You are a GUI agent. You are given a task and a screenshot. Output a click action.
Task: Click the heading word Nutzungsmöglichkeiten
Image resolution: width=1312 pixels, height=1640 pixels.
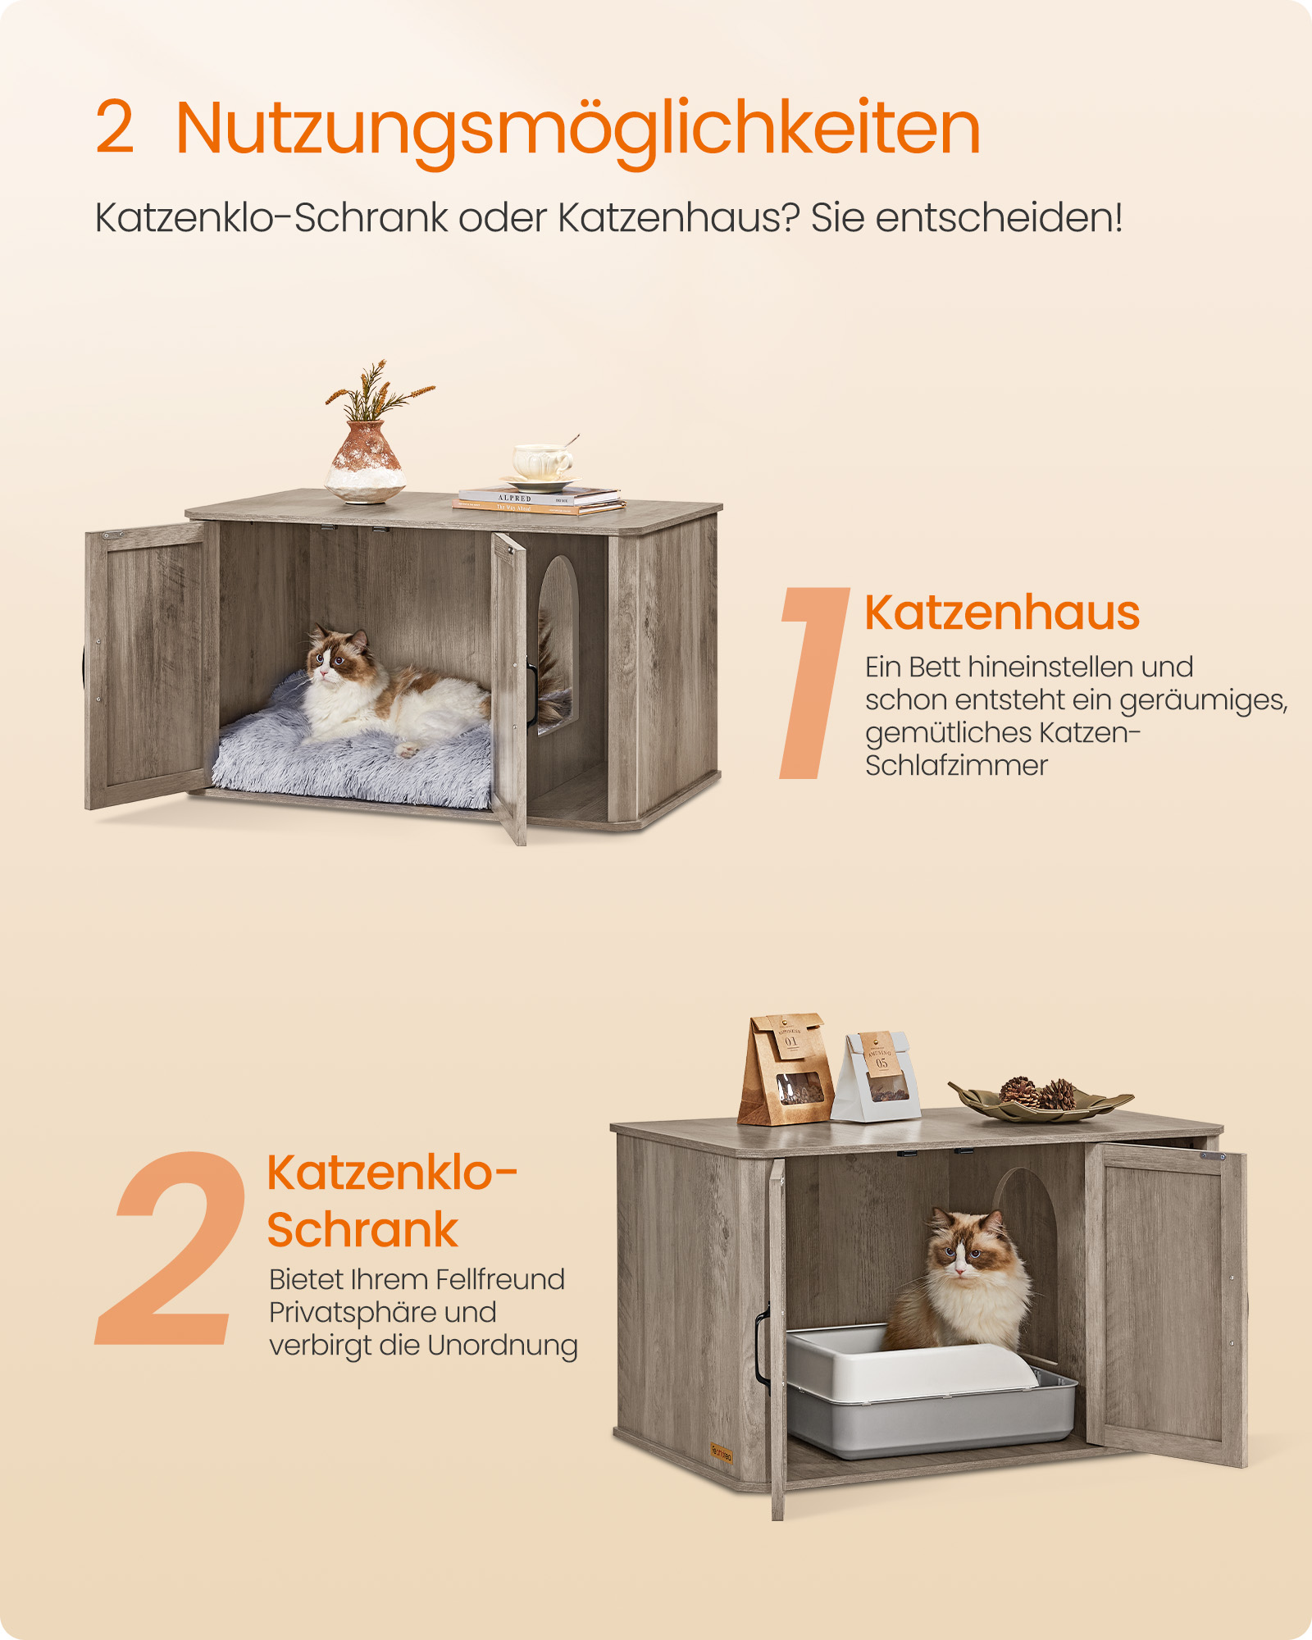coord(577,129)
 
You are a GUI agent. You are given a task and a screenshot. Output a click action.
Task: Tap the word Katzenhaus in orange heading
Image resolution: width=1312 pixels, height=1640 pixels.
coord(1001,613)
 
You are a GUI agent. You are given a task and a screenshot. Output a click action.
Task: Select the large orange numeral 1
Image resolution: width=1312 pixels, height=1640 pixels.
coord(812,682)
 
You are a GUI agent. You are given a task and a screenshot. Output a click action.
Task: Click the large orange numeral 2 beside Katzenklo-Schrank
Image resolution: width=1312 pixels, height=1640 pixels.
coord(172,1248)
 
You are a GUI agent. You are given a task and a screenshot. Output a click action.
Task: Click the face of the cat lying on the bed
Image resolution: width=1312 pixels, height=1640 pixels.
coord(328,658)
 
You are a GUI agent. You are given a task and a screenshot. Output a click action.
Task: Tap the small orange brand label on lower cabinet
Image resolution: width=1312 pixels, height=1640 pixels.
coord(721,1455)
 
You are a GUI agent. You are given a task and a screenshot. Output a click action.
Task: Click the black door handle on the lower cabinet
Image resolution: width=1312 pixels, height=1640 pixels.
coord(762,1345)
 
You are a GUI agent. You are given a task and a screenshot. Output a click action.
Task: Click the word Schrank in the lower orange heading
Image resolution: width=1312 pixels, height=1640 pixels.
coord(362,1229)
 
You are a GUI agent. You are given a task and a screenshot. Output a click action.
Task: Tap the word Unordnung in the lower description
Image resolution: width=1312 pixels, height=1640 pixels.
coord(502,1346)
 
